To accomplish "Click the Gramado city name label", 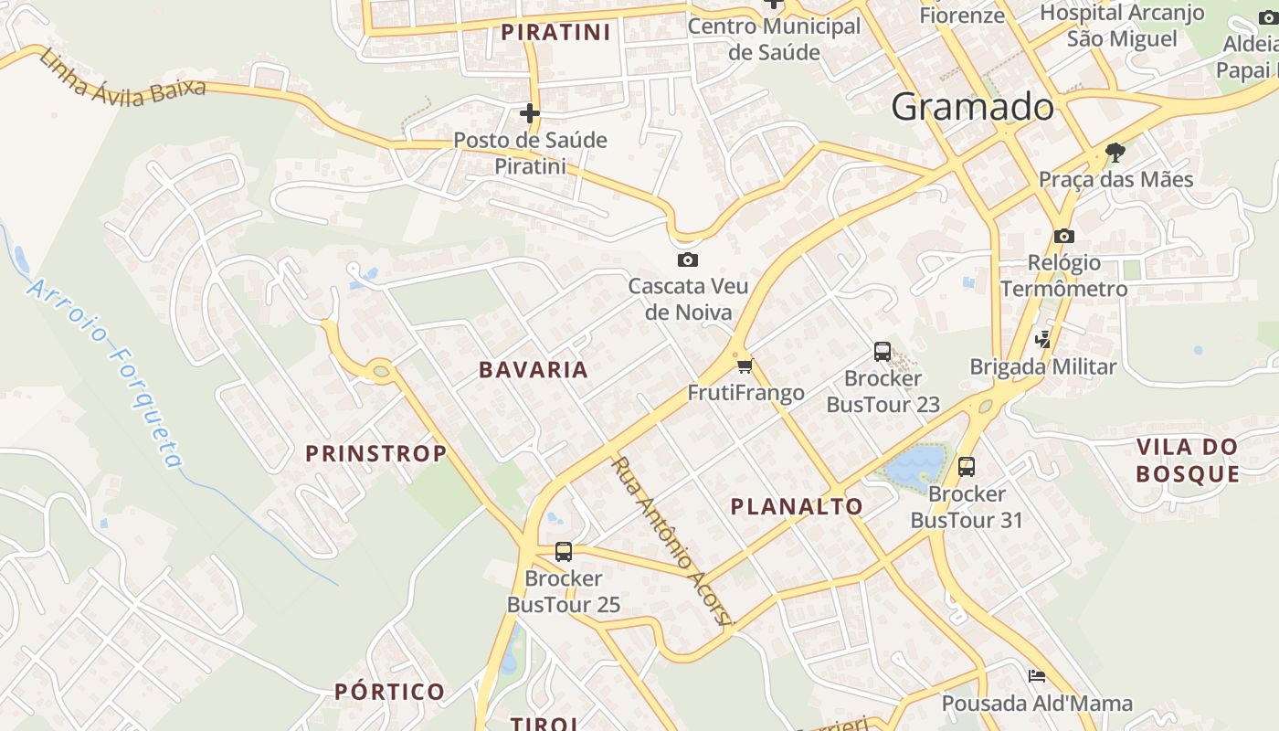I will point(972,107).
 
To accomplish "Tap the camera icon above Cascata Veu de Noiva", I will point(688,260).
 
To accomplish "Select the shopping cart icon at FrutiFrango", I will point(745,366).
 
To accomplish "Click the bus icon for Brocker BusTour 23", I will point(883,351).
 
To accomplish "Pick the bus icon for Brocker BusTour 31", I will point(967,467).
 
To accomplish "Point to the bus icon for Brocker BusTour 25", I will point(564,552).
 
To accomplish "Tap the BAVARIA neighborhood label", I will point(534,370).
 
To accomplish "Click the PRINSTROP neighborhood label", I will point(375,453).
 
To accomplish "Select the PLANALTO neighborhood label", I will point(797,506).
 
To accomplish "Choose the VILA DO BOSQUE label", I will point(1188,460).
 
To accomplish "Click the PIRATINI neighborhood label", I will point(555,32).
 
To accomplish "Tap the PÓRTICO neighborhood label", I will point(389,692).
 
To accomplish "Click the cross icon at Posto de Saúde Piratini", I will point(530,113).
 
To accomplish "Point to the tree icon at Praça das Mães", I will point(1115,152).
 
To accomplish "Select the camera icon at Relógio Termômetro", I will point(1063,237).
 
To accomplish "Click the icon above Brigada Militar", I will point(1042,340).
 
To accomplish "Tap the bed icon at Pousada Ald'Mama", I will point(1037,676).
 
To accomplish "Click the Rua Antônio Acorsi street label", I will point(671,541).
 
